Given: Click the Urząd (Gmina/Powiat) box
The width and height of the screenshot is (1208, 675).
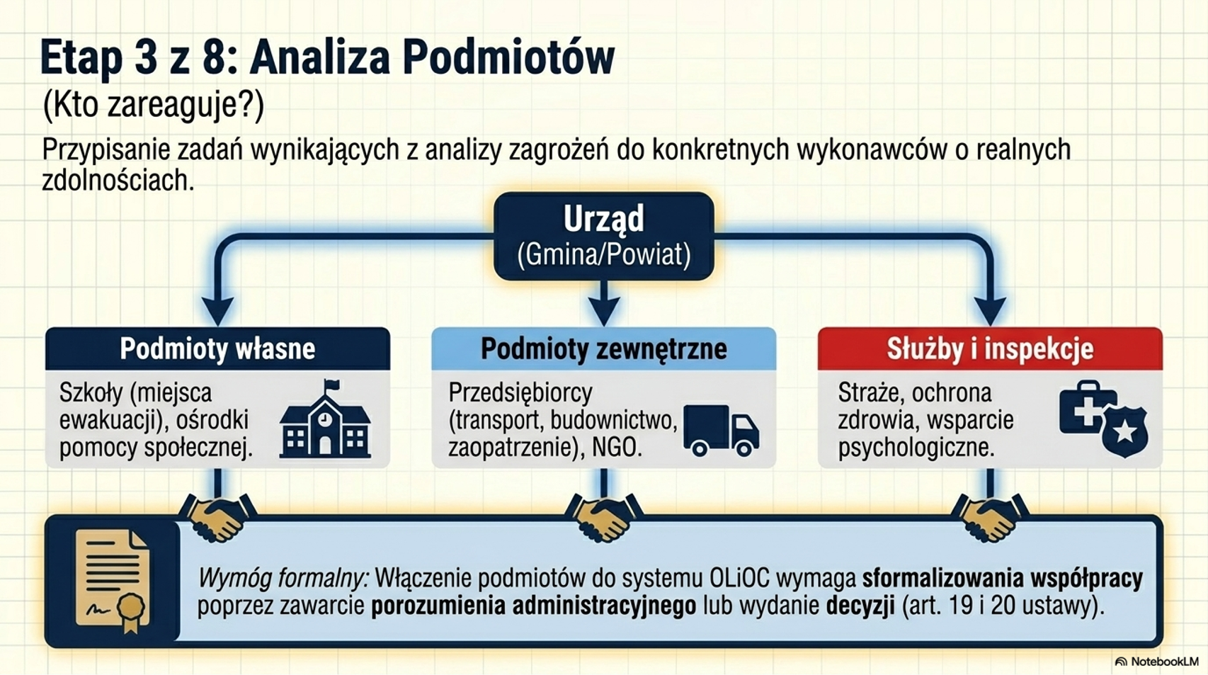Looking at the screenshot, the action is [x=604, y=237].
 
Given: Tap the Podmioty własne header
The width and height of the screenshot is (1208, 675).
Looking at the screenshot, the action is [x=217, y=348].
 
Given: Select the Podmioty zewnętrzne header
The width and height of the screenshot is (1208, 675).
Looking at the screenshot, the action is [x=603, y=348].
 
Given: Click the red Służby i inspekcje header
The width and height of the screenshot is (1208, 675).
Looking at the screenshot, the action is [x=990, y=348].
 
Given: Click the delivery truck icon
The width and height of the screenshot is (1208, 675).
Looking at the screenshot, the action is [x=722, y=431].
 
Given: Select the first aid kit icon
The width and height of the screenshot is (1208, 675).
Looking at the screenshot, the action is [x=1084, y=407].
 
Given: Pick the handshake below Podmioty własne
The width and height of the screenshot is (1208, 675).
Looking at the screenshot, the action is [x=217, y=517].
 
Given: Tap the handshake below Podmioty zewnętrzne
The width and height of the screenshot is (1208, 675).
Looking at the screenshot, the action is [x=604, y=517].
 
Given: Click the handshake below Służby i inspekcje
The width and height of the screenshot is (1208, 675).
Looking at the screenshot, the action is [x=990, y=517].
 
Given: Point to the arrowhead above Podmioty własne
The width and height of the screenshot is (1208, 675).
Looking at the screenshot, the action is [x=217, y=311].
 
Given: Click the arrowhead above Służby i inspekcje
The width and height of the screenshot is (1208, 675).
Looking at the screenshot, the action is [x=990, y=311].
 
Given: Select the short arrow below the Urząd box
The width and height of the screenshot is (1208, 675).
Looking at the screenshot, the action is [x=604, y=303].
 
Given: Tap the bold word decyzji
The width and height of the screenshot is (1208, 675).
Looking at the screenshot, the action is [x=861, y=606].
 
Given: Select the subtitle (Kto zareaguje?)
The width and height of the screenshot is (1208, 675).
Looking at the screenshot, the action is [x=153, y=105].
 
